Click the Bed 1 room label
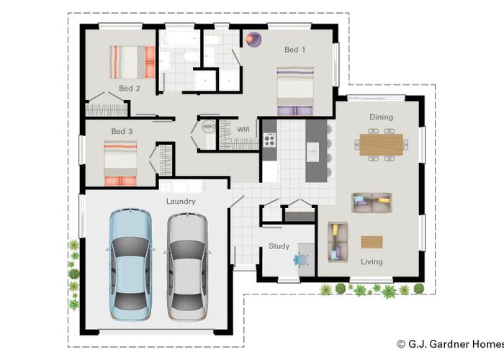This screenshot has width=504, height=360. point(294,50)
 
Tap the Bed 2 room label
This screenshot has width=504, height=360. point(130,89)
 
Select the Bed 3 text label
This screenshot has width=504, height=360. point(122,131)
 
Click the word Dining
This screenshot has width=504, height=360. point(381,117)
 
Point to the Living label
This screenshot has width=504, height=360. point(372,261)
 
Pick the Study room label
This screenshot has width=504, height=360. point(279,246)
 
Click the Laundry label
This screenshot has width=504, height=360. point(181,202)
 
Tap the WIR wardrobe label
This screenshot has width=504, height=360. point(243,129)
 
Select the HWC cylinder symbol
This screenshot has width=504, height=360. point(209,127)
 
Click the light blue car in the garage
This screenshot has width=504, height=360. point(130,264)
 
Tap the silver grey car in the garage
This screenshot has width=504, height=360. point(187,264)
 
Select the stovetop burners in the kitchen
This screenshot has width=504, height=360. point(269,138)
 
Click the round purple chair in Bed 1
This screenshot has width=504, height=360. point(253,40)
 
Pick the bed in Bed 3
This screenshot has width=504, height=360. point(120,163)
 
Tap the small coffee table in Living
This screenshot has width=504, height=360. point(372,241)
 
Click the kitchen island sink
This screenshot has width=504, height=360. point(312,150)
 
